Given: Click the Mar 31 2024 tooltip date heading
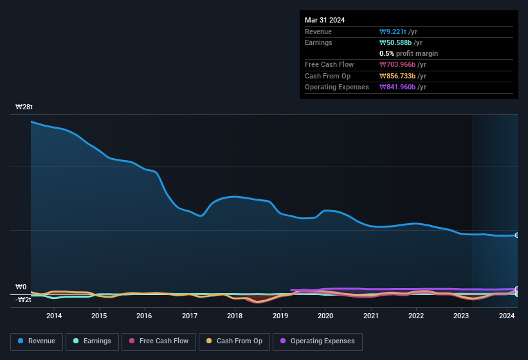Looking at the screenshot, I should click(325, 20).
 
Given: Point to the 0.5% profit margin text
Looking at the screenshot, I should click(408, 53).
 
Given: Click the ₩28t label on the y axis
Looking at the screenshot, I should click(25, 107).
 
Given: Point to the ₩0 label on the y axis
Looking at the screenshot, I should click(21, 287).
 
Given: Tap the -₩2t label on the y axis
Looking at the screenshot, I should click(23, 300).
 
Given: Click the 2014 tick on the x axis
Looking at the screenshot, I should click(54, 316).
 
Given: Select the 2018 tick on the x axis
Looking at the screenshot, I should click(235, 316).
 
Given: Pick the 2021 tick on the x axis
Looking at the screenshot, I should click(370, 316).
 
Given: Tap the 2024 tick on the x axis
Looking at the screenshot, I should click(507, 316).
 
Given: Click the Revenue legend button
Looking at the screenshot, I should click(37, 341).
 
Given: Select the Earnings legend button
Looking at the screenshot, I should click(92, 341).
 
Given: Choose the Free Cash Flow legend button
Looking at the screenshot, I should click(159, 341).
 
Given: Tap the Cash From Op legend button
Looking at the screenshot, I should click(233, 341).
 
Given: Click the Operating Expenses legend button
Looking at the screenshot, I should click(318, 341).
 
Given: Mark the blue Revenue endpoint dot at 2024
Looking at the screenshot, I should click(517, 235).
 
